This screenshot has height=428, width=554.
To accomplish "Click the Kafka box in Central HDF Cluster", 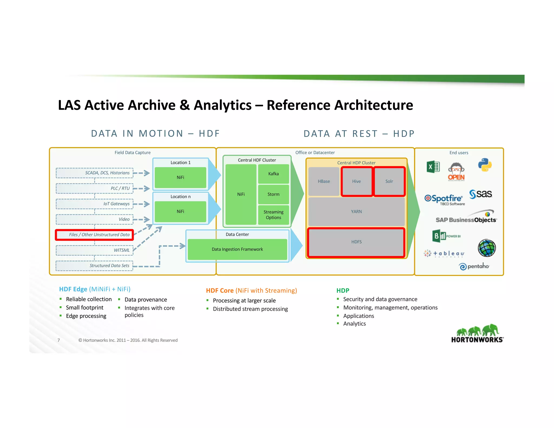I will tap(273, 174).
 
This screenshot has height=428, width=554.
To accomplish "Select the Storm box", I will tap(273, 194).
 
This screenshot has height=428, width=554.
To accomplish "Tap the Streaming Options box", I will tap(273, 215).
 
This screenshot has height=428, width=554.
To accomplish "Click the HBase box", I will tap(324, 181).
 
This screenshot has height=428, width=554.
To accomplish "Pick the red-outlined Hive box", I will tap(356, 181).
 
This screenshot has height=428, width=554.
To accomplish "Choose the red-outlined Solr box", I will tap(389, 181).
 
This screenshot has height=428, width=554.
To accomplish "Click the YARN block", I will tap(356, 212).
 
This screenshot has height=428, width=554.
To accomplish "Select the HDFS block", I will tap(356, 242).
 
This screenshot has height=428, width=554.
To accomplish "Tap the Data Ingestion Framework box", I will tap(237, 249).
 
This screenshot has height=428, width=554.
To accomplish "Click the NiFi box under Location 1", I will tap(180, 177).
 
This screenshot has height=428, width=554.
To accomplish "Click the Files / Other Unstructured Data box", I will tap(95, 235).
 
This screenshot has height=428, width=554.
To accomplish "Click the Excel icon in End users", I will tap(433, 167).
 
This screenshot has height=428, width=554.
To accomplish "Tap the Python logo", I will tap(484, 165).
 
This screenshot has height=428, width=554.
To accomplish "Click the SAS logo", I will tap(481, 194).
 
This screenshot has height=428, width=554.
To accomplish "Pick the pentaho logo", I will tap(474, 266).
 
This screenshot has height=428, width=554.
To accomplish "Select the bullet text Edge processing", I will tap(86, 316).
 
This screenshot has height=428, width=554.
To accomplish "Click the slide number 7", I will tap(59, 340).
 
